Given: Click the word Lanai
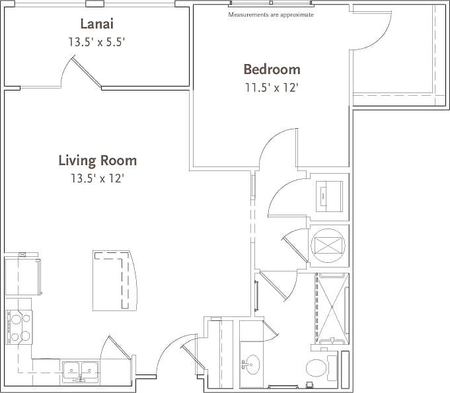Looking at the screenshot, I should point(96,24).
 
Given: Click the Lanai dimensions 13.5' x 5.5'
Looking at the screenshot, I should point(96,42).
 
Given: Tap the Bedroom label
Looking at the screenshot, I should point(272,69).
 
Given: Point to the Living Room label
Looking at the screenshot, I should point(98,161).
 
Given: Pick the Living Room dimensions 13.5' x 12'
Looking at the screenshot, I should point(98,178).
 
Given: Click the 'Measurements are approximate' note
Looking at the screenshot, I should point(271,15).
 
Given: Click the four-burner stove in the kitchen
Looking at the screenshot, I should point(19,328).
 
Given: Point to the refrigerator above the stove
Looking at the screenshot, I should point(22,277).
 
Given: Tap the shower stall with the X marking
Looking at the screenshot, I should point(332,308).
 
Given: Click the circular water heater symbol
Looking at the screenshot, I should point(328,244).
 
